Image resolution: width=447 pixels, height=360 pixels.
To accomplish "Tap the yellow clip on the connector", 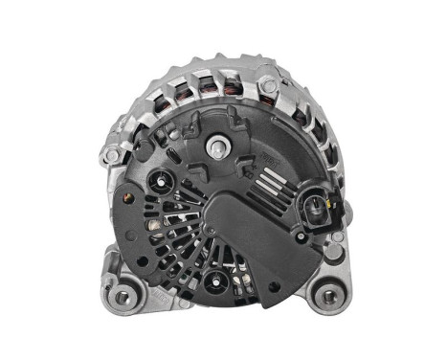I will click(331, 203).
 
